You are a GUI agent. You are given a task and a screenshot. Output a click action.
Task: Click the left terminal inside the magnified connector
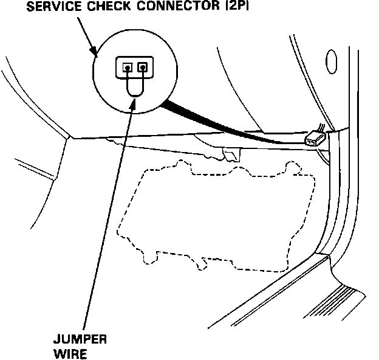click(127, 67)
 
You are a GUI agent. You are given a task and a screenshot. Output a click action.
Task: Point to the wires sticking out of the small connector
click(321, 129)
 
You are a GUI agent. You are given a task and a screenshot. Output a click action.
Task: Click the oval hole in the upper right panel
click(332, 60)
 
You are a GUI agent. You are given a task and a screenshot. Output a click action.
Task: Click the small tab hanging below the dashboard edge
click(229, 154)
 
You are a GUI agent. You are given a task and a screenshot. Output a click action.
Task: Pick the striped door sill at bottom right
click(340, 304)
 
